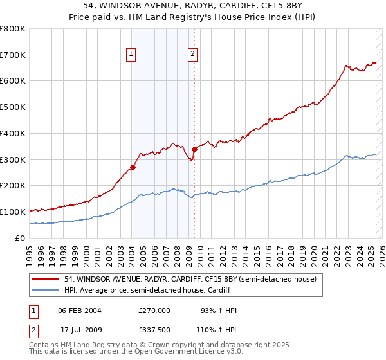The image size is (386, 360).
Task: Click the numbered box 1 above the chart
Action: point(131,55)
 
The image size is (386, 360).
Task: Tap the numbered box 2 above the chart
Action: point(192,55)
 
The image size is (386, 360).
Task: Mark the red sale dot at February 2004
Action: point(133,168)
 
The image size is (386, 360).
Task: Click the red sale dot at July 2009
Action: point(194,150)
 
